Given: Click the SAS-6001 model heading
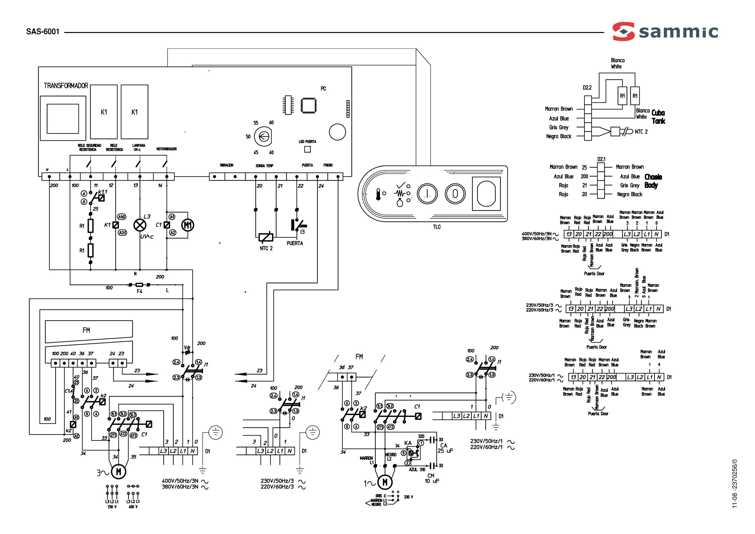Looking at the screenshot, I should [x=43, y=32].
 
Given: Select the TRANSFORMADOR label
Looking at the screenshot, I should [x=66, y=86].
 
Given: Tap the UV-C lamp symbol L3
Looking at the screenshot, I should [x=140, y=225].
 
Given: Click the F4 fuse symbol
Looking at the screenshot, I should [x=139, y=285].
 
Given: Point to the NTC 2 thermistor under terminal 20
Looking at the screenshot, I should [x=266, y=237].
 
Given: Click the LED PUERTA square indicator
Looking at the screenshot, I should [x=308, y=149].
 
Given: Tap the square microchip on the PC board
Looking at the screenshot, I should [x=308, y=105].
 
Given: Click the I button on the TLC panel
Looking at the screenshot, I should [x=427, y=194].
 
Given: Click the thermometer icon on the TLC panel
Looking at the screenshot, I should [x=378, y=194].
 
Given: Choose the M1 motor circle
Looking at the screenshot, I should [x=188, y=225].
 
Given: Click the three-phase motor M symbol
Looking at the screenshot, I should [x=118, y=472].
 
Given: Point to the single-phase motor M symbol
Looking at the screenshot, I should [x=385, y=482].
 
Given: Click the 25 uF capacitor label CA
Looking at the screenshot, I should [x=444, y=445].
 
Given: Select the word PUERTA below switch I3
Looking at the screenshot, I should [x=295, y=243].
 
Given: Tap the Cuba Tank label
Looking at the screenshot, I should [x=658, y=117].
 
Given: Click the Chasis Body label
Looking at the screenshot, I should [x=653, y=181].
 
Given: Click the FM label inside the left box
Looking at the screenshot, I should [x=86, y=330].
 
